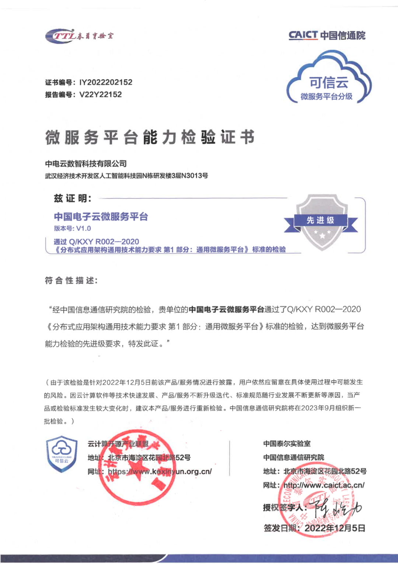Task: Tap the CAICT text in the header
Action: point(303,35)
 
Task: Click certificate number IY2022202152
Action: point(106,82)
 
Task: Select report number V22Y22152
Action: point(100,95)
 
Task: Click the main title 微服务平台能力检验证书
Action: point(150,137)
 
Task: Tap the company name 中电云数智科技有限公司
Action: point(86,164)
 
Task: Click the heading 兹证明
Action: point(73,198)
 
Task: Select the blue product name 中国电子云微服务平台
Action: point(101,216)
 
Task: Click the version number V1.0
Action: point(83,228)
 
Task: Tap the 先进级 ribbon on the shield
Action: point(321,220)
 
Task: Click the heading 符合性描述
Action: point(71,281)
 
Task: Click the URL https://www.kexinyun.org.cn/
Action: point(160,472)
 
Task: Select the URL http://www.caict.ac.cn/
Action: point(324,485)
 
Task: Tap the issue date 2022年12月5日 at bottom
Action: point(335,528)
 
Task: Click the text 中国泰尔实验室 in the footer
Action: point(287,444)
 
